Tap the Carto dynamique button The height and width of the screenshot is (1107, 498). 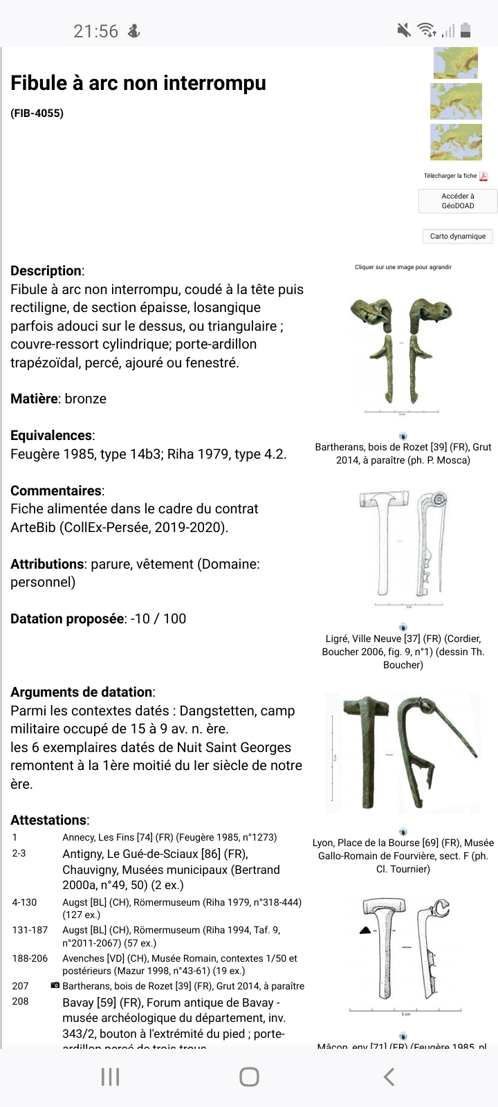click(x=458, y=236)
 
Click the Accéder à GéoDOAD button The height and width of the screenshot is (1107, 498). click(x=458, y=201)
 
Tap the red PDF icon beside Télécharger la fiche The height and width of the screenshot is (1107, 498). click(x=483, y=176)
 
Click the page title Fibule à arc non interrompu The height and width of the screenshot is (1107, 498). click(x=138, y=83)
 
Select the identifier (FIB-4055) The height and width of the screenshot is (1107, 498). click(x=37, y=113)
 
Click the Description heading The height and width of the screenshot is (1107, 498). click(x=46, y=271)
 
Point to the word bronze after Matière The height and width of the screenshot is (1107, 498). click(x=86, y=399)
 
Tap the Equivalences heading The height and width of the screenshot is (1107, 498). click(x=52, y=435)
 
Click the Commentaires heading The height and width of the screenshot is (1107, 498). click(x=56, y=491)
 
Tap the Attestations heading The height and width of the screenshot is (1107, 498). click(x=49, y=820)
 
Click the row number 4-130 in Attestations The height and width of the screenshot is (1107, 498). click(x=24, y=902)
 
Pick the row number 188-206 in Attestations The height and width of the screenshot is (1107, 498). click(x=30, y=958)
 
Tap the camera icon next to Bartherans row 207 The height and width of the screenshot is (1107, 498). click(x=55, y=985)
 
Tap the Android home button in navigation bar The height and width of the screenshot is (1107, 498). click(x=249, y=1077)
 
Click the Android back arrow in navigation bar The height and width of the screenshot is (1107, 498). click(x=389, y=1077)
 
